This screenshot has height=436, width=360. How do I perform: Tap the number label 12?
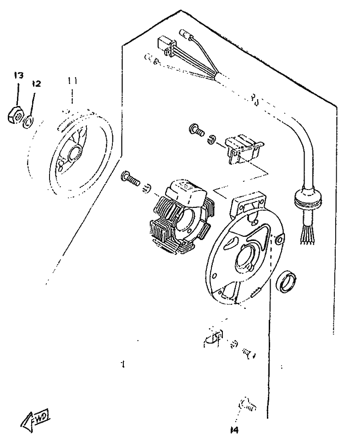(x=36, y=84)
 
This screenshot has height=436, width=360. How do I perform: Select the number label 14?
(x=235, y=430)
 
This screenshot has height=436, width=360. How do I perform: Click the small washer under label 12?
(x=29, y=122)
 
